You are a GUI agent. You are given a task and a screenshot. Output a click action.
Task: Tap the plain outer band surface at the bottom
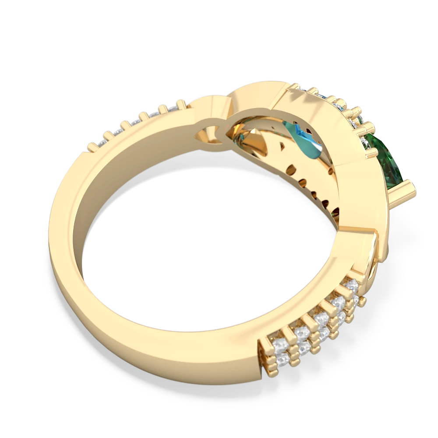tap(166, 350)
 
